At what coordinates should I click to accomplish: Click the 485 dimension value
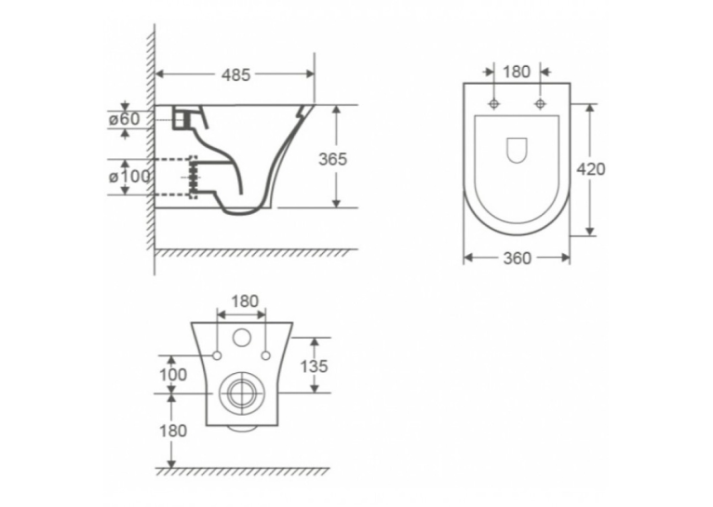[x=235, y=75]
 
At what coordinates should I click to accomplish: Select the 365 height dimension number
[x=332, y=159]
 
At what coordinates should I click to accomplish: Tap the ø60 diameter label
[x=124, y=119]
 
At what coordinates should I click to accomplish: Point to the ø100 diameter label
[x=129, y=176]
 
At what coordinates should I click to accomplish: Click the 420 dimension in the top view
[x=591, y=169]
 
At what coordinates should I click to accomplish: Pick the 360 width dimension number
[x=517, y=259]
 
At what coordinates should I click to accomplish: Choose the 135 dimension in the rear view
[x=314, y=367]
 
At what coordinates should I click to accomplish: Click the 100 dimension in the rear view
[x=173, y=375]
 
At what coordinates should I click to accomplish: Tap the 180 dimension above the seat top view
[x=517, y=72]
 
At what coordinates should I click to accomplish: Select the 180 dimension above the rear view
[x=245, y=301]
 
